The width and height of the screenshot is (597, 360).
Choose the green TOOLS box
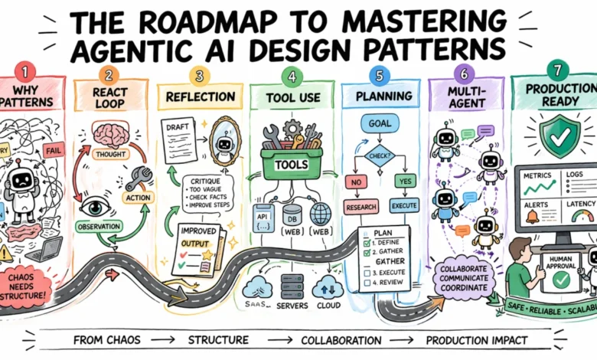point(291,162)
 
